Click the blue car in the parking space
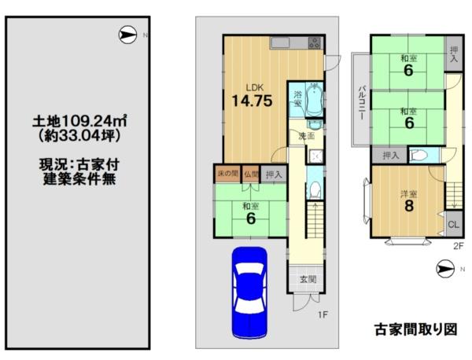point(249,292)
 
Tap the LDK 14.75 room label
point(252,96)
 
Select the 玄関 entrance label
point(308,279)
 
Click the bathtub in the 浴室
point(314,99)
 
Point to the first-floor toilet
point(315,189)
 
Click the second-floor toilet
point(419,155)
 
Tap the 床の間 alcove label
point(228,174)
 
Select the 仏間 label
point(252,174)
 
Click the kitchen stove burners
point(315,43)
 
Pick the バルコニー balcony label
point(363,102)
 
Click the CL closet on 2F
point(454,224)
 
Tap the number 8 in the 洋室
point(409,206)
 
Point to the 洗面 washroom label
point(307,136)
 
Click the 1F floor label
point(323,314)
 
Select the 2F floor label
point(458,246)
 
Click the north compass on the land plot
point(127,35)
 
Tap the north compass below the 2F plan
point(445,269)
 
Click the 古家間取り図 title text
point(416,329)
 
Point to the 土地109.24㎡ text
point(79,121)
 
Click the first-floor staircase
point(315,219)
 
